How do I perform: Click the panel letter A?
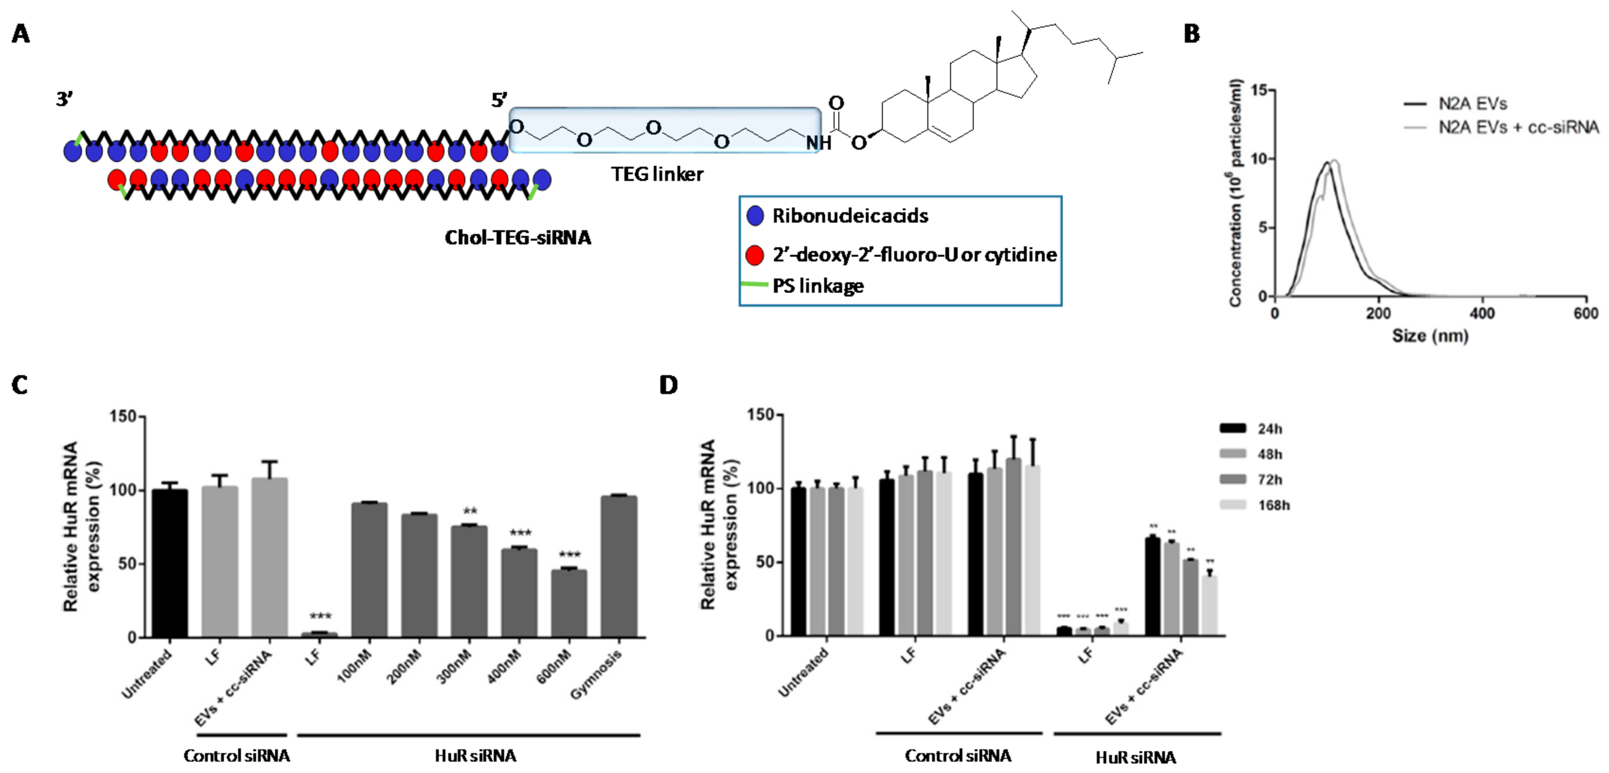21,34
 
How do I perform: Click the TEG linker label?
657,174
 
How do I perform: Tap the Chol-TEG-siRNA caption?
517,237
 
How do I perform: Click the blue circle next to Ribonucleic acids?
755,216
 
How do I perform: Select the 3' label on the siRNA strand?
64,99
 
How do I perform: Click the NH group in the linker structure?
818,143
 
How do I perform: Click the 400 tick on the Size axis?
1482,313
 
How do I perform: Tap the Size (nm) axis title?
1430,336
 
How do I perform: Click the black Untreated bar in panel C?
170,562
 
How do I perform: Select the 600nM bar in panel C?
569,603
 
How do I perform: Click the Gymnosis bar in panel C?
619,566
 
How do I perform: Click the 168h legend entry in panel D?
1273,505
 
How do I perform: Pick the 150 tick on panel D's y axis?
760,415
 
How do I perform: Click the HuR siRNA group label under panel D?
1136,758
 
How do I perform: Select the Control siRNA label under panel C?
237,756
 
